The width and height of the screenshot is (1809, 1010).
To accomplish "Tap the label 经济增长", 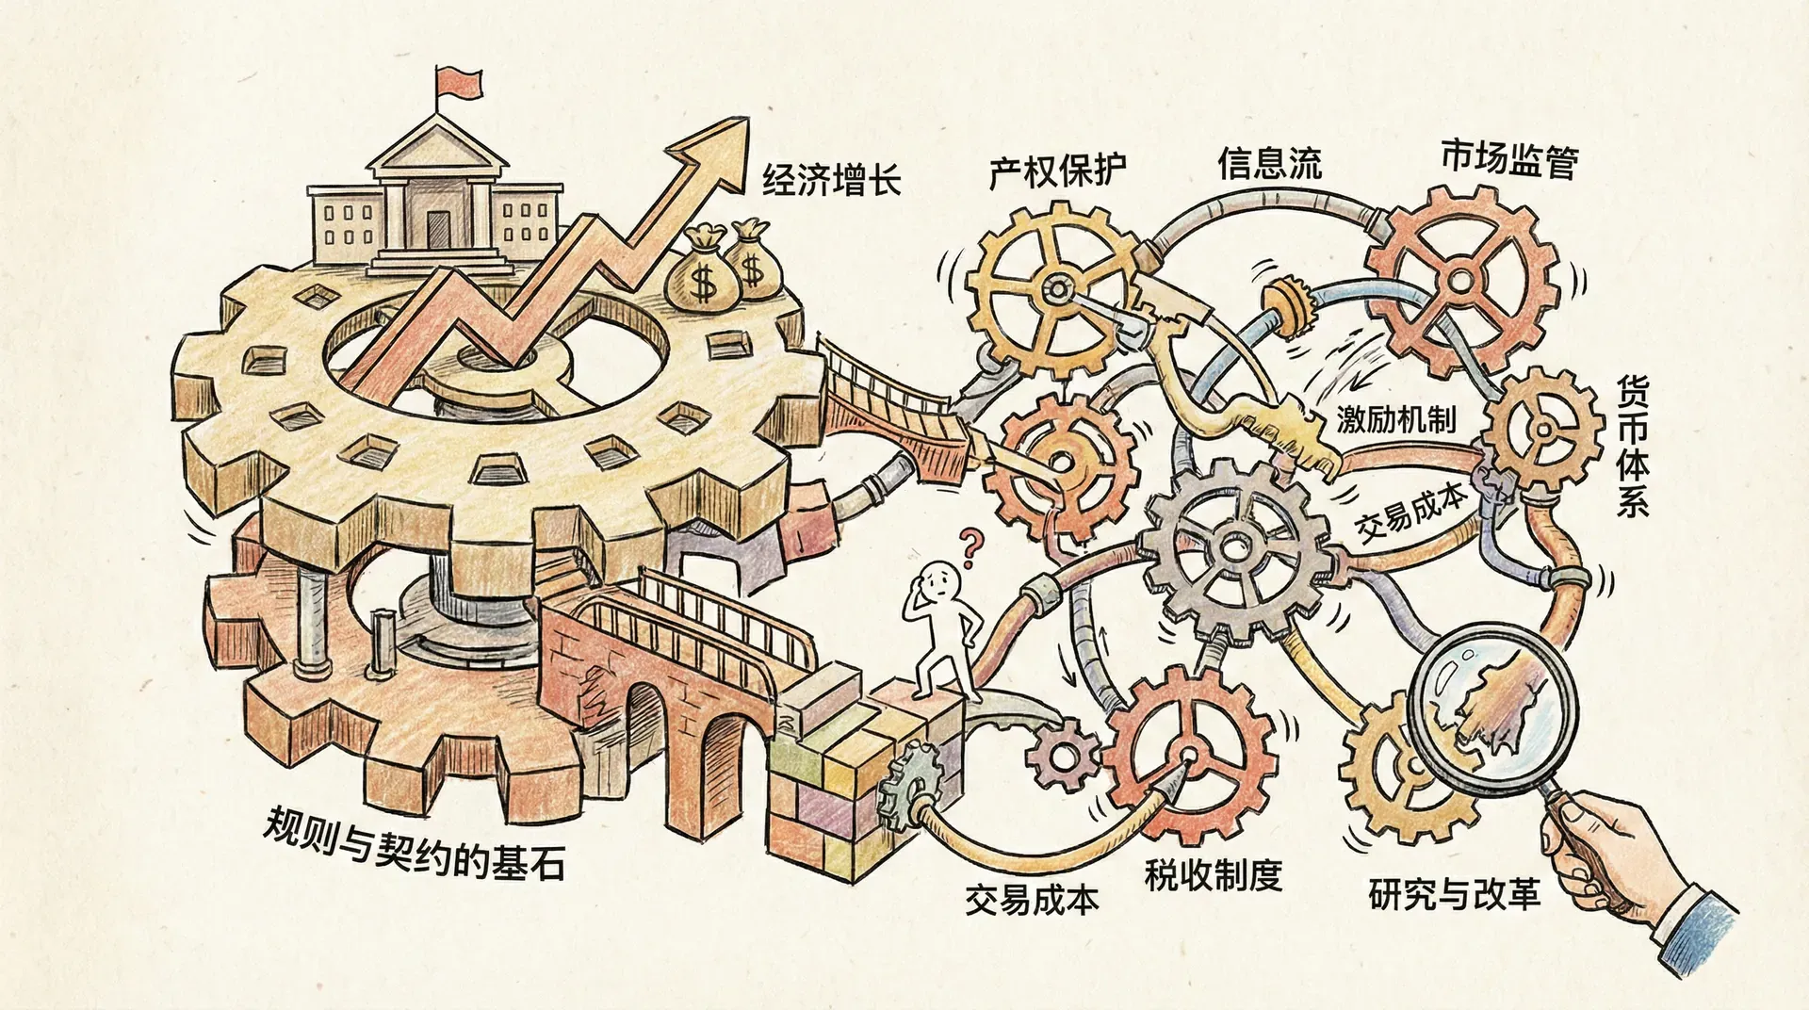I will (x=831, y=179).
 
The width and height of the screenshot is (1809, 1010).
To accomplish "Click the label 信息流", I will (x=1269, y=163).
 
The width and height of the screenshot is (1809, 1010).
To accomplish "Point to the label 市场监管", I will (x=1509, y=160).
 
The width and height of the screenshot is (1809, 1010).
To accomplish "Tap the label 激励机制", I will (x=1396, y=419).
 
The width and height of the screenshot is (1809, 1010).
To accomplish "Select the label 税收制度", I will (x=1214, y=875).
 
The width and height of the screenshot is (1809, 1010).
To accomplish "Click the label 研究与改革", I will (x=1454, y=893).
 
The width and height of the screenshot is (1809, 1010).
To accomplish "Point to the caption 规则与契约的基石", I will (x=415, y=844).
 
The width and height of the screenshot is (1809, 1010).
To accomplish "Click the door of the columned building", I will (x=438, y=229).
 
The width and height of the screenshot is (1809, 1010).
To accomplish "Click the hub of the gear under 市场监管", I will (x=1459, y=279).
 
